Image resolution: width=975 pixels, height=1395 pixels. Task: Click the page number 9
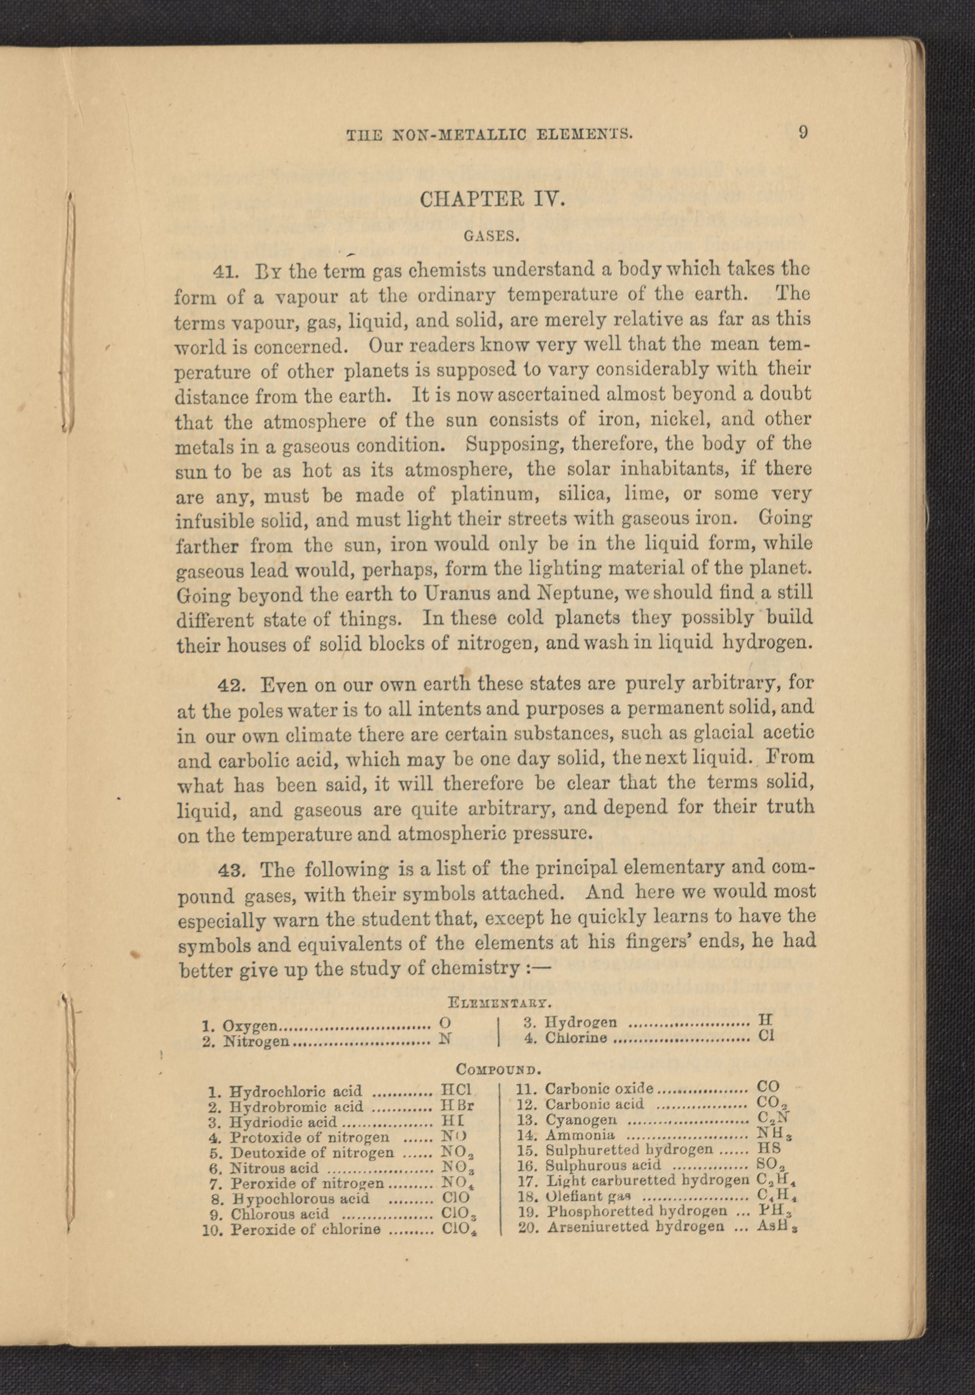(803, 133)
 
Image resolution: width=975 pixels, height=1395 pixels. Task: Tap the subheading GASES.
(492, 237)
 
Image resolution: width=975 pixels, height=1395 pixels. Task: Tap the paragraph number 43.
(231, 870)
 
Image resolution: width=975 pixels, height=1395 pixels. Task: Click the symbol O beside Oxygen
(445, 1022)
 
